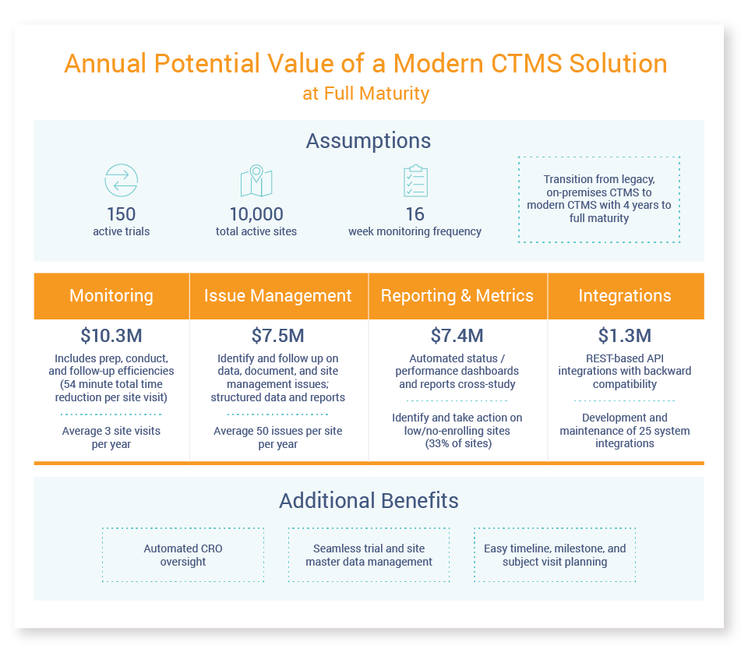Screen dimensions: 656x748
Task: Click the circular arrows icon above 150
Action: pyautogui.click(x=121, y=181)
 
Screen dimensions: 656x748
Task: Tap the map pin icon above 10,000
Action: pyautogui.click(x=256, y=182)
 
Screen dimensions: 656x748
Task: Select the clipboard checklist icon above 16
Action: pyautogui.click(x=415, y=181)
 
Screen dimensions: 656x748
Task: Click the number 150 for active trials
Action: pyautogui.click(x=121, y=214)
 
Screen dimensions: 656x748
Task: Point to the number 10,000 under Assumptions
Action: pyautogui.click(x=256, y=214)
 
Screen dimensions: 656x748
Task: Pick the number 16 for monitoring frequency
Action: pyautogui.click(x=415, y=214)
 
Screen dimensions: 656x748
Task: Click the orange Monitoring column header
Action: pyautogui.click(x=111, y=296)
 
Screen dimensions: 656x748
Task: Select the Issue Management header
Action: pyautogui.click(x=278, y=296)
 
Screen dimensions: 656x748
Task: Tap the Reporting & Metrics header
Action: pyautogui.click(x=457, y=296)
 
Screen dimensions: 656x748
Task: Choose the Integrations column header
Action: pyautogui.click(x=625, y=296)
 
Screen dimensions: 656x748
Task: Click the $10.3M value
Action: pyautogui.click(x=111, y=336)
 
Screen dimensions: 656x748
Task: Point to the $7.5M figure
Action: pyautogui.click(x=278, y=336)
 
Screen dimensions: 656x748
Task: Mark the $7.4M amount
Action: pyautogui.click(x=457, y=336)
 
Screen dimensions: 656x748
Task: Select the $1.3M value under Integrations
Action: pyautogui.click(x=625, y=336)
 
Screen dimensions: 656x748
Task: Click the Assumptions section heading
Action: pyautogui.click(x=369, y=141)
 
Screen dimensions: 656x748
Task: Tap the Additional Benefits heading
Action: pyautogui.click(x=369, y=500)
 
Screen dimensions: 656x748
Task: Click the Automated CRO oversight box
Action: pyautogui.click(x=183, y=555)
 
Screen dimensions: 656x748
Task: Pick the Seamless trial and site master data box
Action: pyautogui.click(x=369, y=555)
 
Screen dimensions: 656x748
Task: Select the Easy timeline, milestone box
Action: pyautogui.click(x=555, y=555)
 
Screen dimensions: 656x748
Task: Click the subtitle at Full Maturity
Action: pyautogui.click(x=366, y=93)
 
